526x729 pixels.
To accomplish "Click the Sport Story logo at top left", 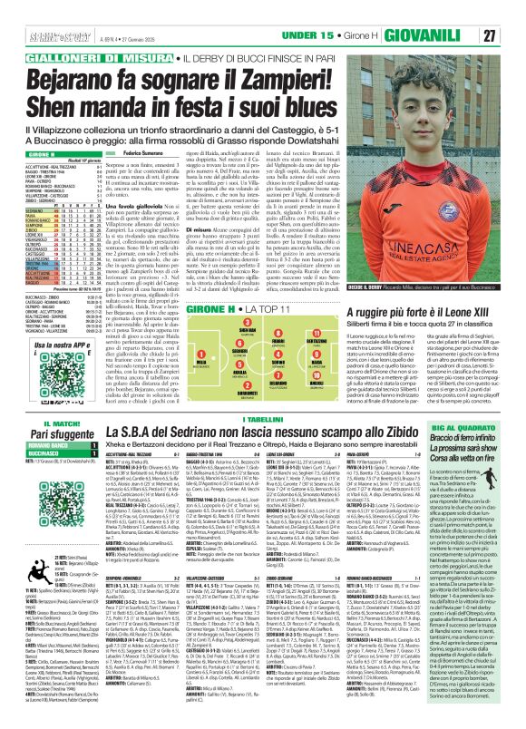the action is (x=30, y=10).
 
